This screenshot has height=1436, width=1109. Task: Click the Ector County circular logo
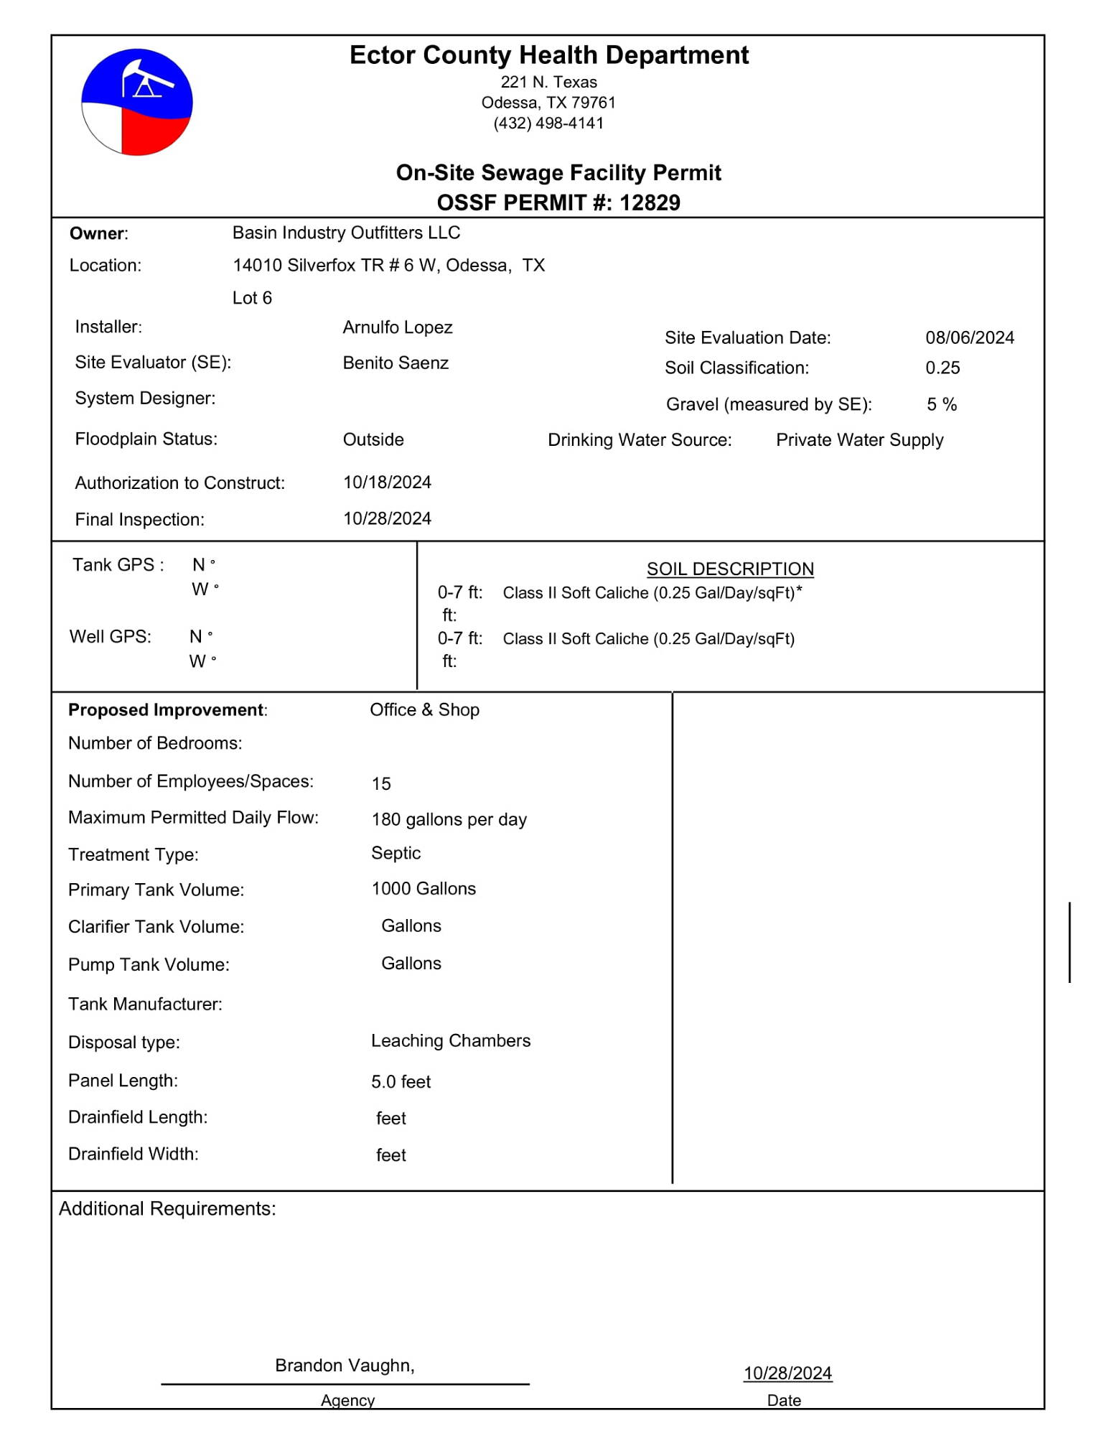click(136, 102)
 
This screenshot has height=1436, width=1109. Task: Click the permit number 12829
click(650, 203)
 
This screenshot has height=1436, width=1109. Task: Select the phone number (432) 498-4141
click(548, 123)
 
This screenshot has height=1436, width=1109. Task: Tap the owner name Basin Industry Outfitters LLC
click(346, 233)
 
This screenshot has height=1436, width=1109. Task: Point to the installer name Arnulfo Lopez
click(398, 327)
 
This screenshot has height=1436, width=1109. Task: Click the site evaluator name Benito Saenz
click(396, 363)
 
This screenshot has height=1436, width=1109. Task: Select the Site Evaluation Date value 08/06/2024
click(969, 337)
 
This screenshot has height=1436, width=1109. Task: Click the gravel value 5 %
click(942, 404)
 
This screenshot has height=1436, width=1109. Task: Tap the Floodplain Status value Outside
click(373, 439)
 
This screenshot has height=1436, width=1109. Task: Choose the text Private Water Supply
click(859, 439)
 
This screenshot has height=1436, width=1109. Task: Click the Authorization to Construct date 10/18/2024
click(387, 482)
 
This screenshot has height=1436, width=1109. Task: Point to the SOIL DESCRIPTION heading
click(730, 569)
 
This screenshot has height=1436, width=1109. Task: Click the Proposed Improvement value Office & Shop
click(424, 709)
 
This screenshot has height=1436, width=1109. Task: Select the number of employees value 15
click(381, 783)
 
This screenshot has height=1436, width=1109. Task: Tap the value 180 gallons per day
click(449, 819)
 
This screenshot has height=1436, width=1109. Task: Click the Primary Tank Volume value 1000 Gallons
click(424, 889)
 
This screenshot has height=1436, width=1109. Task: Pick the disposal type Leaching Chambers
click(451, 1040)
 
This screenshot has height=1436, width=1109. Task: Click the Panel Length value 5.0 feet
click(401, 1081)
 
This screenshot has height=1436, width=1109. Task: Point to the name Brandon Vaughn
click(344, 1365)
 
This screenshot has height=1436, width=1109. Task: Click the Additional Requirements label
click(167, 1208)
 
